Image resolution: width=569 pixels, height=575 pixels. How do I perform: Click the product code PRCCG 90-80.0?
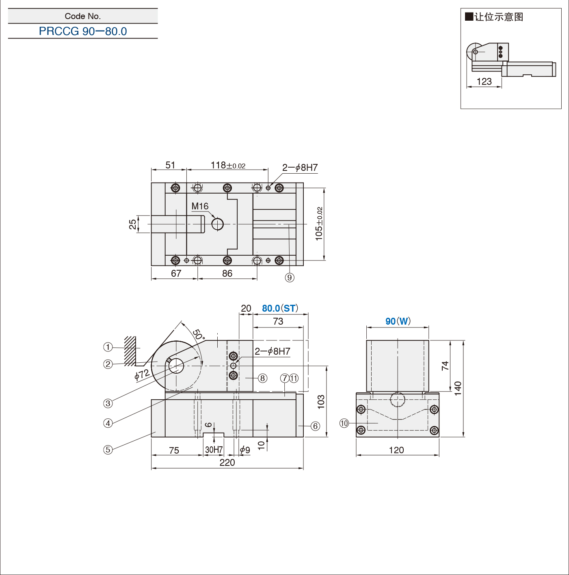pos(83,31)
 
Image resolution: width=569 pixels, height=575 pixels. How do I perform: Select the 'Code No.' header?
pos(83,16)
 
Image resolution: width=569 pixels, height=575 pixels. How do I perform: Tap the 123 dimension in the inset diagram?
pos(484,82)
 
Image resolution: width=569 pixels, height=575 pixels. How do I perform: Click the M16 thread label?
pos(200,206)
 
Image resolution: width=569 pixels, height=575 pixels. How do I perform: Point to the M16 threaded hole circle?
pos(217,224)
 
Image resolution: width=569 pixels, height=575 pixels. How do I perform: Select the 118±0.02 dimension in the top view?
pos(228,165)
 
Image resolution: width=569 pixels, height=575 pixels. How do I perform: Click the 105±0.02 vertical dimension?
pos(319,224)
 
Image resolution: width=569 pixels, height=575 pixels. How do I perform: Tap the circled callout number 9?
pos(290,278)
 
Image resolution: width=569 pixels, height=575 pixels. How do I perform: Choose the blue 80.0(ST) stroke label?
pos(280,308)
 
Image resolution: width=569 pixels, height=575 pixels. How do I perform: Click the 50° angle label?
pos(199,334)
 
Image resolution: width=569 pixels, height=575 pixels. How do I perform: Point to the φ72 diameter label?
pos(142,375)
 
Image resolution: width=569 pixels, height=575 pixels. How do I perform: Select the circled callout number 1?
pos(108,347)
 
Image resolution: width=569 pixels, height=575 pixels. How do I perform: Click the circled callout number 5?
pos(108,450)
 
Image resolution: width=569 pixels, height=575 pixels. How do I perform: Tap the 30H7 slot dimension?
pos(214,450)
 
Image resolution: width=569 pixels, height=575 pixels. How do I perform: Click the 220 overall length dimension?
pos(227,463)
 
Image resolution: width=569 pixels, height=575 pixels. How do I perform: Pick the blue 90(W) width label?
pos(398,321)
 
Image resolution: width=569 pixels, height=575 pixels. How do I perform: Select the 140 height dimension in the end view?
pos(458,388)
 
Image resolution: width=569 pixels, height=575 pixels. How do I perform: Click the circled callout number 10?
pos(344,423)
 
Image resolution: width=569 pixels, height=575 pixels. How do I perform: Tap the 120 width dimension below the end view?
pos(396,450)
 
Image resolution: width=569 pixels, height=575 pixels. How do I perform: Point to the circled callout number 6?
pos(316,426)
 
